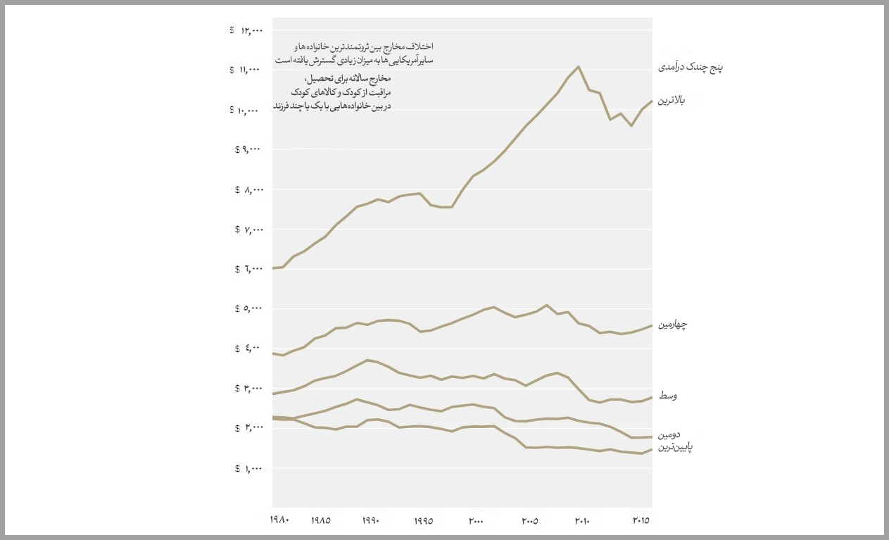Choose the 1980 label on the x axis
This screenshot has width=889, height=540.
tap(279, 520)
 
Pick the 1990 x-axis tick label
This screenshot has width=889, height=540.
tap(370, 521)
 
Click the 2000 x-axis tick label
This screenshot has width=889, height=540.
tap(476, 521)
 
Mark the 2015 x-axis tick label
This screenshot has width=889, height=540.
tap(640, 520)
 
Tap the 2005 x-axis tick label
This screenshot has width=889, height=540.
tap(529, 521)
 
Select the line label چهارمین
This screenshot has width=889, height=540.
tap(673, 325)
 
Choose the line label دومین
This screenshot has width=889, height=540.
tap(669, 436)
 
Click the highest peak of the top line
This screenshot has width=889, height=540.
tap(579, 67)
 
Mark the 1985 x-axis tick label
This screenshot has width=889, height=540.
tap(320, 521)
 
